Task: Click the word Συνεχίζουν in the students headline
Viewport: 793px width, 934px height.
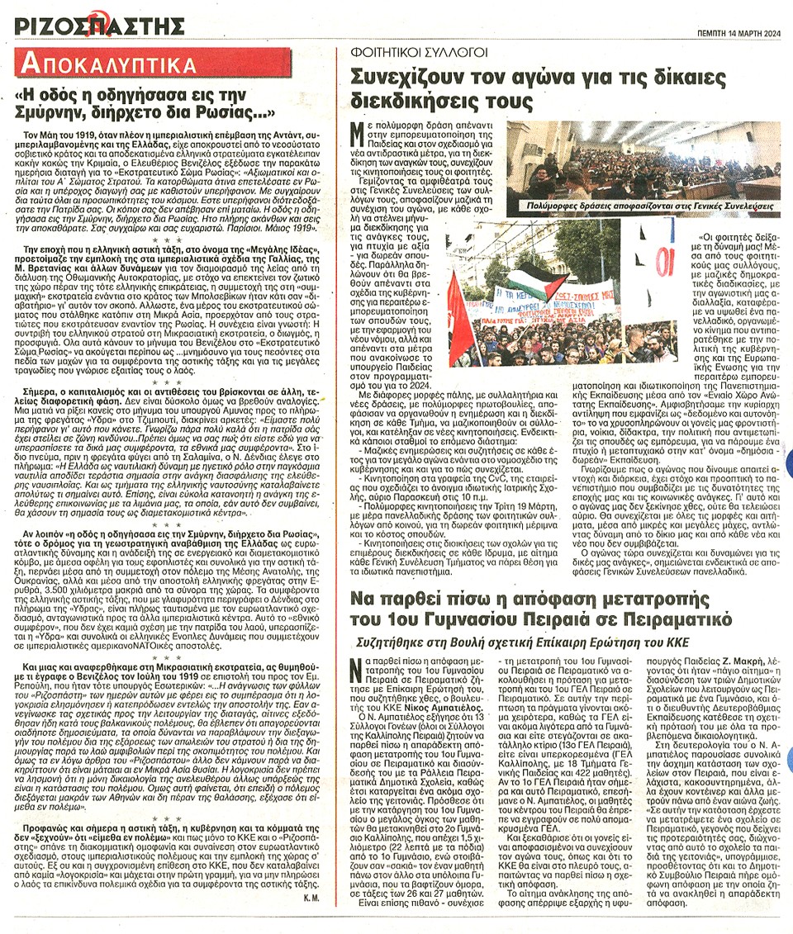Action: click(405, 77)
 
